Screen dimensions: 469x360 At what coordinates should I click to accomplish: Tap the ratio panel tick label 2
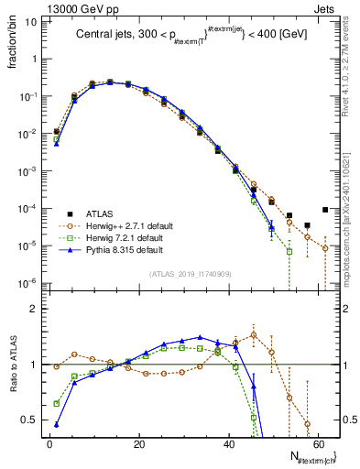(34, 309)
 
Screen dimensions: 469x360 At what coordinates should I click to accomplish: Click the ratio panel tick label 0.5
(29, 420)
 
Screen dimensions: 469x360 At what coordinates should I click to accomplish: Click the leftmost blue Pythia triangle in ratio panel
(57, 424)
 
